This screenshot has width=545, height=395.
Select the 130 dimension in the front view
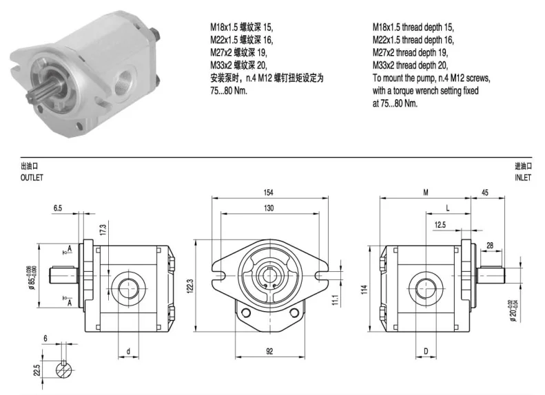point(268,208)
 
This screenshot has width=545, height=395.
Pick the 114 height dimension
point(364,290)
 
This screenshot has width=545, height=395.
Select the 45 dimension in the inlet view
point(486,193)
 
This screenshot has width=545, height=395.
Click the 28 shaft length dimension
point(490,245)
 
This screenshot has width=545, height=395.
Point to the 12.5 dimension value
point(440,224)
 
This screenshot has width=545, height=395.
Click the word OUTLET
point(32,177)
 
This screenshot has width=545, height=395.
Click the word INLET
point(522,177)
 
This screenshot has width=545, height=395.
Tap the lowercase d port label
point(129,351)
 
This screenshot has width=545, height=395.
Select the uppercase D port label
point(426,351)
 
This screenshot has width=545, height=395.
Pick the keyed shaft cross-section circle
point(64,369)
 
